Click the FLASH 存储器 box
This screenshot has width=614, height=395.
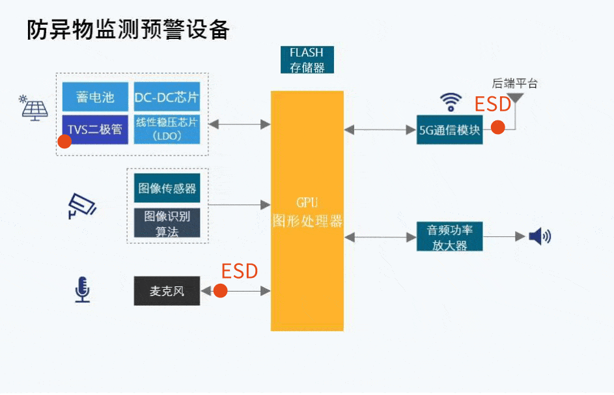click(x=306, y=59)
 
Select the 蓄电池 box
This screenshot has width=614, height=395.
click(x=95, y=97)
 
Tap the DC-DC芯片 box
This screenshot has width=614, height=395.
click(x=167, y=97)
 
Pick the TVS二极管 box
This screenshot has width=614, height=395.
click(x=95, y=129)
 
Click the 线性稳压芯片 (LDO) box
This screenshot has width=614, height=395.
click(x=167, y=129)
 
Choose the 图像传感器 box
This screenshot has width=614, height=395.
click(x=167, y=188)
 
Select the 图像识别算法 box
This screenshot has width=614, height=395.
click(x=167, y=223)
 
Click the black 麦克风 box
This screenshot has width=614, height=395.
click(x=167, y=291)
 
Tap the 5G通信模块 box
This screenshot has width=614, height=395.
click(x=449, y=129)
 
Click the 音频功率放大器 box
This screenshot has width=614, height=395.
click(x=449, y=237)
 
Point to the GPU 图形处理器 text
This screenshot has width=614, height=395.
click(x=307, y=211)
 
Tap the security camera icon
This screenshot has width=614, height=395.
click(x=82, y=205)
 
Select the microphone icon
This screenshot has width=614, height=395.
click(x=82, y=290)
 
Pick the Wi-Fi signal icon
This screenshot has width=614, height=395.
click(x=450, y=102)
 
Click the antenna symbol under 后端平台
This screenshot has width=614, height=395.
click(x=516, y=100)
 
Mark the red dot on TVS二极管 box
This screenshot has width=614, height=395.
click(x=64, y=141)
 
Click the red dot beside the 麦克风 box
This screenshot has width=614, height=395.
click(x=220, y=291)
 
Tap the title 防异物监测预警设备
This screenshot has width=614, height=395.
click(x=128, y=30)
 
